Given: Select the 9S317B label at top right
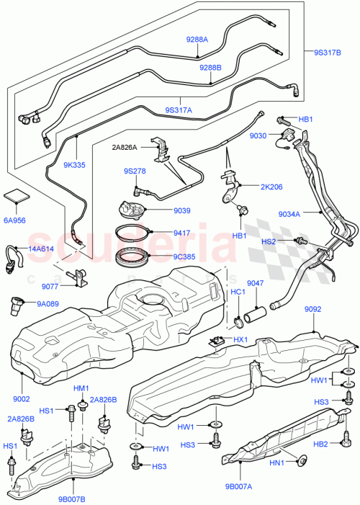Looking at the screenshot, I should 327,52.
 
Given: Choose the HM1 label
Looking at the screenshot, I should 81,388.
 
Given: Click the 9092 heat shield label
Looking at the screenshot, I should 312,310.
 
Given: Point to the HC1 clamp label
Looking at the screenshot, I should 237,293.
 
